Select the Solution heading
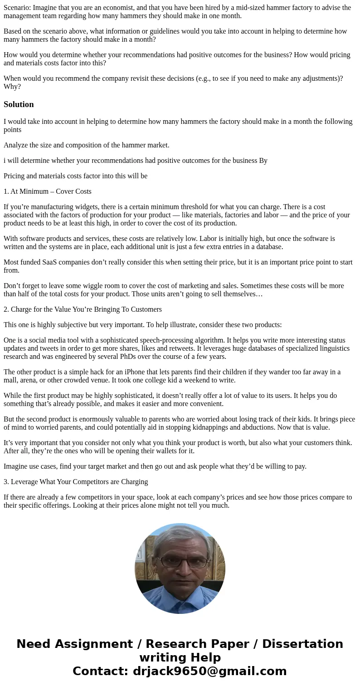(19, 104)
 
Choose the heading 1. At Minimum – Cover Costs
(48, 191)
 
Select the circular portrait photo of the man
(180, 568)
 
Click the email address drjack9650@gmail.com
(209, 671)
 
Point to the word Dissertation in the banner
(302, 644)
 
